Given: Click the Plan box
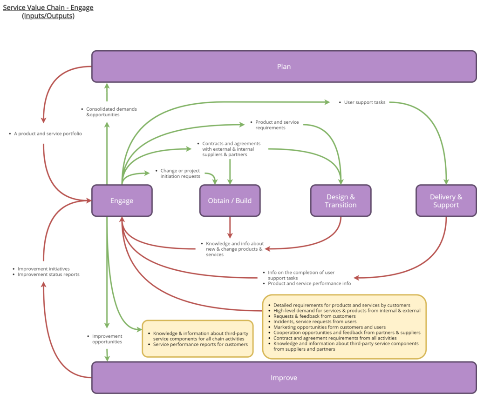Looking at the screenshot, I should point(284,67).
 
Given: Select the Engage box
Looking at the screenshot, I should point(122,200).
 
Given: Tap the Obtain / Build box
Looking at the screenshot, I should point(230,200).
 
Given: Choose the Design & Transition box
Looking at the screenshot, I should point(341,200).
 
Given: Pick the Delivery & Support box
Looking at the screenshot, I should point(446,200).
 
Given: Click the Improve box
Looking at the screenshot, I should point(284,377).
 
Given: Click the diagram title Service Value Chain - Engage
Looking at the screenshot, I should point(48,7).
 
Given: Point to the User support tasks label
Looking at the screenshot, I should point(364,102).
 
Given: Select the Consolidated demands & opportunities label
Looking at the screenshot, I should point(111,112).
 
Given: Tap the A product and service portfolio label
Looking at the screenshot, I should point(48,134).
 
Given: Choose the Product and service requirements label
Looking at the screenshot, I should point(277,125).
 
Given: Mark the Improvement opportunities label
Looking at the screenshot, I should point(107,339).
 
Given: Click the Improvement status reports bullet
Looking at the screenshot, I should point(48,274).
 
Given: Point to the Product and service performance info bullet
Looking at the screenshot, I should point(309,283).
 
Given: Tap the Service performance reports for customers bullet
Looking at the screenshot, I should point(200,344).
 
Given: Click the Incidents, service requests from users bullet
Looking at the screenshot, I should point(315,321).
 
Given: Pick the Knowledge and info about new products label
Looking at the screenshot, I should point(235,249).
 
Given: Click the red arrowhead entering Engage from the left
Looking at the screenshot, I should point(89,200).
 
